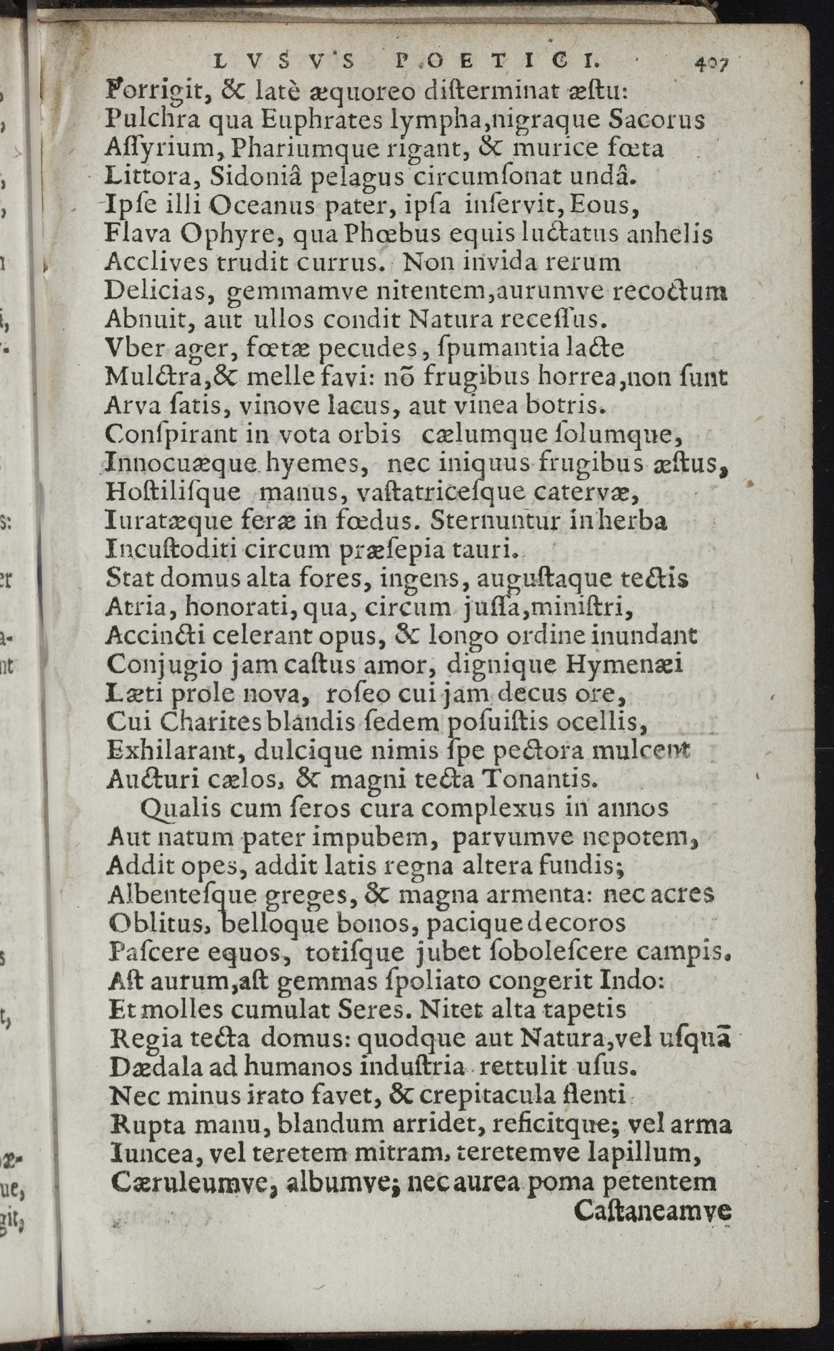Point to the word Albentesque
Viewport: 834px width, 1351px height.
coord(182,895)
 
